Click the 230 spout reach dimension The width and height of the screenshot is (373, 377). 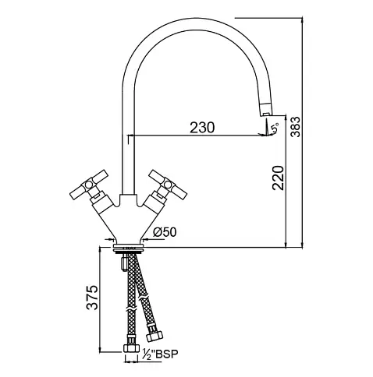202,128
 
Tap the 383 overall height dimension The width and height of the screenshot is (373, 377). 295,127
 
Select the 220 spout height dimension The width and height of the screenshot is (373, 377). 278,178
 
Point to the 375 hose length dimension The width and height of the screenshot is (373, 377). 92,298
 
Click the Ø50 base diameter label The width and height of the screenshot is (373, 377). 165,232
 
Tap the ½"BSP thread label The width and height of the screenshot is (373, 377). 160,354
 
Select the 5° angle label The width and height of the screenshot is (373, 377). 275,128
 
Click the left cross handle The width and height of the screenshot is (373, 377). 89,185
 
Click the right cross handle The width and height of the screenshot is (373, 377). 168,185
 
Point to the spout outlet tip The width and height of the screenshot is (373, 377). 265,114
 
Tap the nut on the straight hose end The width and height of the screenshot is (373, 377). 131,348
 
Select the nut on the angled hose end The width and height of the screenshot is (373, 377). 155,336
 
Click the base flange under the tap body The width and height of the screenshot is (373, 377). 129,247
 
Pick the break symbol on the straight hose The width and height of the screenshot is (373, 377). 132,310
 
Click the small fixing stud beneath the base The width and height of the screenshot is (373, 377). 124,262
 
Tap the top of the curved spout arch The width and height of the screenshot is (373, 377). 194,19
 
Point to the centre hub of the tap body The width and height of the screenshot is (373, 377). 129,201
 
